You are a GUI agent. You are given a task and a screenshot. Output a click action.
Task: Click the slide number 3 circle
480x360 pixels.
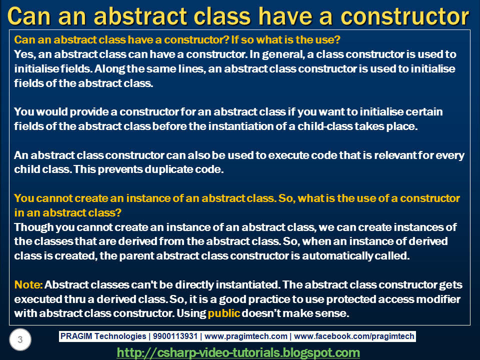(20, 339)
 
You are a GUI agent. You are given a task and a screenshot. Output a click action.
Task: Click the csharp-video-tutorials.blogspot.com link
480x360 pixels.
(238, 352)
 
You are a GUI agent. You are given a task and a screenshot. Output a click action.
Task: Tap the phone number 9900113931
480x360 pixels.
(175, 336)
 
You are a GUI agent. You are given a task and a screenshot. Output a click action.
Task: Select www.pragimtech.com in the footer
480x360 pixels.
(246, 336)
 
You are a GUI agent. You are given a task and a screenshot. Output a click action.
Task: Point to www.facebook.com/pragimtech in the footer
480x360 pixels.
(354, 336)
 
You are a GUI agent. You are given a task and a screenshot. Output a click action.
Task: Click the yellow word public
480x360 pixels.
(224, 313)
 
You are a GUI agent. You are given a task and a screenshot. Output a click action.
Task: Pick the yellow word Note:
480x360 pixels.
(28, 284)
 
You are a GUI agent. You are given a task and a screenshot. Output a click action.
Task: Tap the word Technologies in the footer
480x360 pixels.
(120, 336)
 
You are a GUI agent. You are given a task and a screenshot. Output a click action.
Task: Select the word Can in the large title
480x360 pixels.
(29, 16)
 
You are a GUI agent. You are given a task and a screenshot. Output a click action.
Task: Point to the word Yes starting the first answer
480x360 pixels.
(25, 54)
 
